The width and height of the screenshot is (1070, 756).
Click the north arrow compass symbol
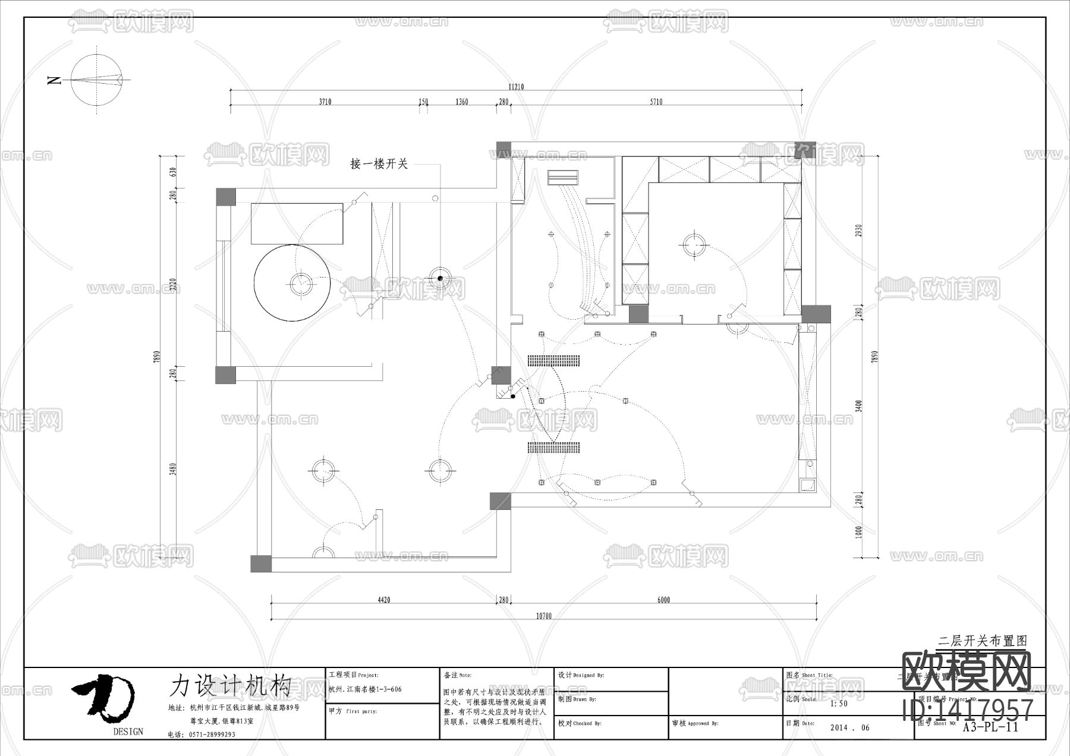96,80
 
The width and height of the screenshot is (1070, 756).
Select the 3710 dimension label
325,102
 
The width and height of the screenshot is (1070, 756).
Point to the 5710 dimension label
656,102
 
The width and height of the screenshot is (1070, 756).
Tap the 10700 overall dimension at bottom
544,616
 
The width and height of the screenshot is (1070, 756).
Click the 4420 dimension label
384,600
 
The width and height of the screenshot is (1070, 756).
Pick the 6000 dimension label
663,600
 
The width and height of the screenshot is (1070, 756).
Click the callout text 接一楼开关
379,164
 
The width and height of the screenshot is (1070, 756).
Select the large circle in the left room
292,283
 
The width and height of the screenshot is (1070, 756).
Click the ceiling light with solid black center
440,278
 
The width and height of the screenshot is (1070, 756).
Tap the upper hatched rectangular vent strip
553,360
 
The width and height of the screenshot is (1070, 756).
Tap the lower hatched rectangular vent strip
553,448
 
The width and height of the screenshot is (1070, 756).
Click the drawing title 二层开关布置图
982,641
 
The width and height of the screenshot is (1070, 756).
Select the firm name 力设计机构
231,685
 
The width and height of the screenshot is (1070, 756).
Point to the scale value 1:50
838,704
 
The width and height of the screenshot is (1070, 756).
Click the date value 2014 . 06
849,727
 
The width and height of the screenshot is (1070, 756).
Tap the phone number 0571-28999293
212,734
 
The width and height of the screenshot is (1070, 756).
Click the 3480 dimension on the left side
172,469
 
